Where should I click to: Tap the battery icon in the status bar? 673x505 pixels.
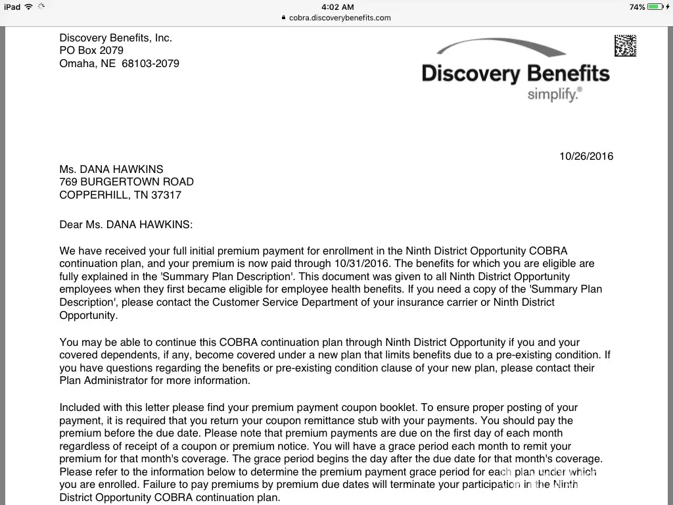pos(655,7)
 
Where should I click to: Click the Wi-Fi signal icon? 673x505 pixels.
pos(28,7)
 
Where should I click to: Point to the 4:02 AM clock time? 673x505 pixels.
pos(337,7)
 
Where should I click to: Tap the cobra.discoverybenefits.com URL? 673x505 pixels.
pos(340,18)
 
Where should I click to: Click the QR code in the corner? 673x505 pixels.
pos(625,45)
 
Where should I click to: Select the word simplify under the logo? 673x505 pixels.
pos(553,94)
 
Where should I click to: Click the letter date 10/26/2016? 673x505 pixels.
pos(586,156)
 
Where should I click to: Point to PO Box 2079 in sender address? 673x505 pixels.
pos(91,51)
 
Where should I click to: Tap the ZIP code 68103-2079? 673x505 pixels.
pos(151,64)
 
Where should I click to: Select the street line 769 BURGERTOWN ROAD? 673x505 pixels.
pos(126,182)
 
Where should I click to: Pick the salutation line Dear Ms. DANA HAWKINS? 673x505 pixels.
pos(126,225)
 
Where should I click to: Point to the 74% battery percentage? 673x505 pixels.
pos(637,7)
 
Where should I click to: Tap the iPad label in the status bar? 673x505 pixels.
pos(12,7)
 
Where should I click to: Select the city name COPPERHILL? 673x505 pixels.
pos(92,195)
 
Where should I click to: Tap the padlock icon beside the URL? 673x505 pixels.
pos(284,18)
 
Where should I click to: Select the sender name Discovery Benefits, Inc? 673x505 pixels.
pos(116,38)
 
